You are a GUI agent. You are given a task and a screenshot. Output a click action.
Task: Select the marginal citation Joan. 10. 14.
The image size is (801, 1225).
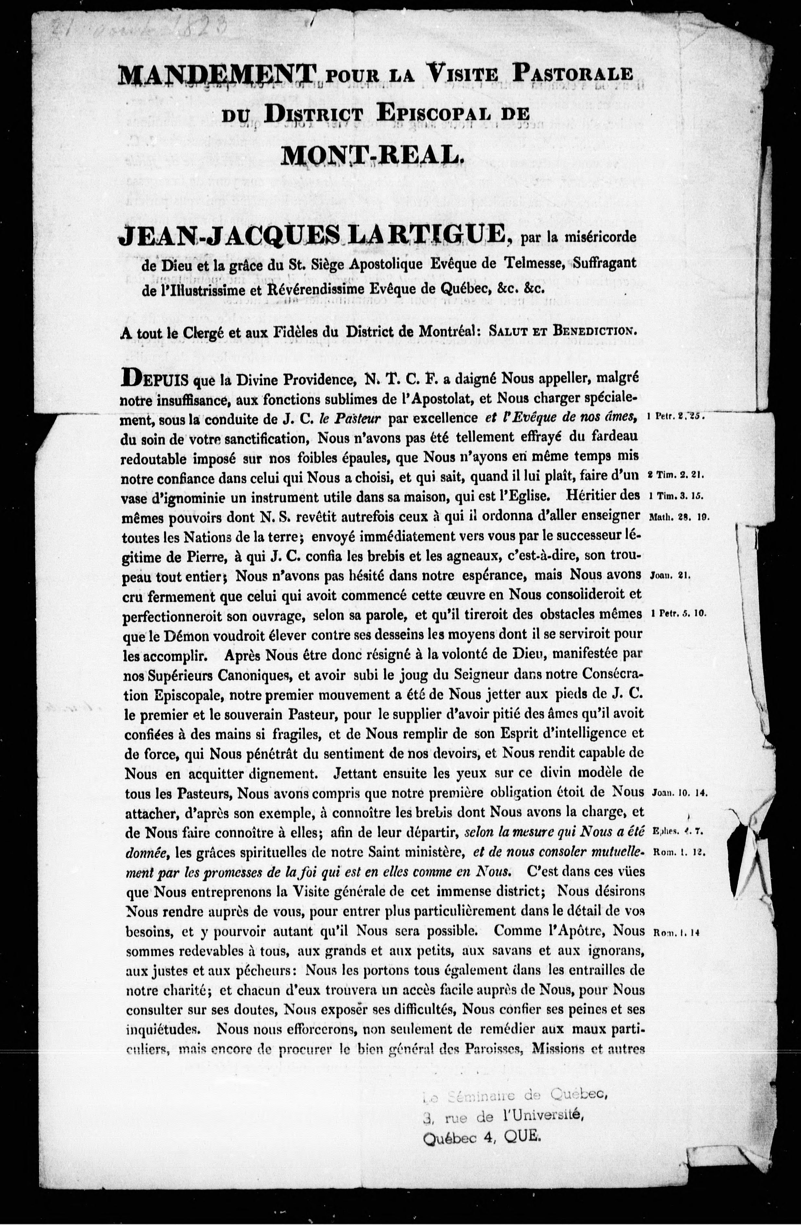(680, 793)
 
